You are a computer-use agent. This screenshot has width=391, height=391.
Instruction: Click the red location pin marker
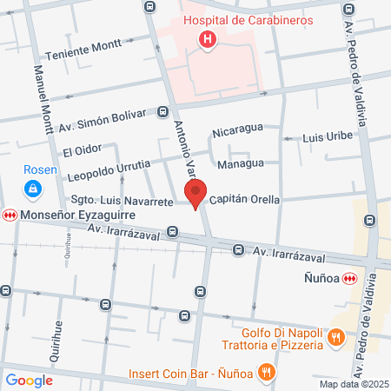pos(196,194)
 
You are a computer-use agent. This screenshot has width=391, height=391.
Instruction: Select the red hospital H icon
pos(208,39)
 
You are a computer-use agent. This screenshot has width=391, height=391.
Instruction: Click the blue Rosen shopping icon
pos(31,187)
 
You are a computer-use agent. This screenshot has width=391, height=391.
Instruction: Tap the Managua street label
pos(241,162)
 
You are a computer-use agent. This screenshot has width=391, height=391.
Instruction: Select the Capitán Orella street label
pos(243,199)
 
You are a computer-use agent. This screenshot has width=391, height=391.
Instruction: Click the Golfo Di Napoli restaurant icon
pos(334,337)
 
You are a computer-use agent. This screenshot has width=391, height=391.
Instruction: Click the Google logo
pos(30,380)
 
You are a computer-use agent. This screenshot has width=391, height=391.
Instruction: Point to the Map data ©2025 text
pos(352,384)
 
